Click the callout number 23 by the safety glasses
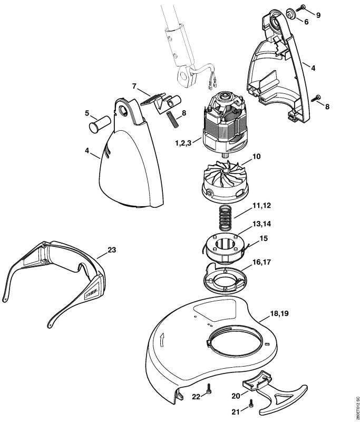point(111,250)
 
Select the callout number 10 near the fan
point(257,157)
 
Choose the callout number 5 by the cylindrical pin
point(87,113)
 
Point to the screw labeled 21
point(250,404)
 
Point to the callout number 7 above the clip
point(134,86)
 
